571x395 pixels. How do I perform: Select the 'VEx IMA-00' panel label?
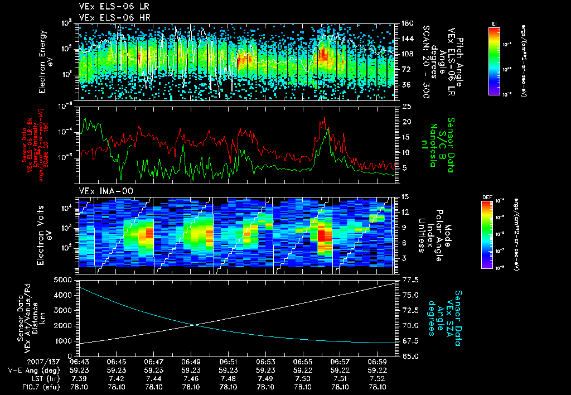(x=103, y=191)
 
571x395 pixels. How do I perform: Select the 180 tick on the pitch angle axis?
(x=407, y=23)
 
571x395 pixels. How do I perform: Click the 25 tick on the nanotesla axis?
(x=407, y=106)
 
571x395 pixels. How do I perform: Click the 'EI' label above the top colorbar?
(x=494, y=23)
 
